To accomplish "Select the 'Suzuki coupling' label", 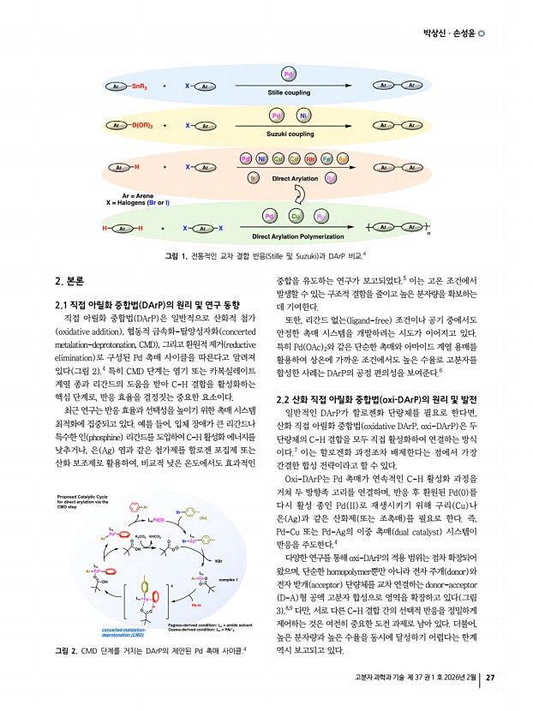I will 289,134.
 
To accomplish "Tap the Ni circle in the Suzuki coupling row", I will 302,115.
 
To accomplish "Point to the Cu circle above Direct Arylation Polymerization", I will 296,217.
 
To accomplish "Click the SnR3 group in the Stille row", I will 143,87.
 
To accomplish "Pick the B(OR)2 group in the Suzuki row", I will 146,125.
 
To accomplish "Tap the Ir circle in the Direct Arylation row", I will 254,178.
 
